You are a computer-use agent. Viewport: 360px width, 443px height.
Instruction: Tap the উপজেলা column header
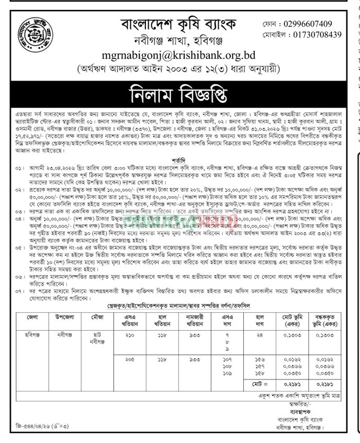[x=64, y=317]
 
